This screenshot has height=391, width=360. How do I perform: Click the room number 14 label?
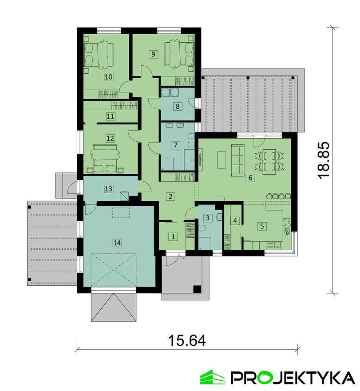(117, 243)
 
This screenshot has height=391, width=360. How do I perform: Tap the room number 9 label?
(153, 54)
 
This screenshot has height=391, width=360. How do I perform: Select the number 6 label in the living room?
(250, 178)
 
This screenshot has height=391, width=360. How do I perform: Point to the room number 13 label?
(108, 189)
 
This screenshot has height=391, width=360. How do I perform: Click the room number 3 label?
(208, 218)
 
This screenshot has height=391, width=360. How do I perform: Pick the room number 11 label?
(111, 116)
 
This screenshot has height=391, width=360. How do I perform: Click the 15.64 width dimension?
(187, 340)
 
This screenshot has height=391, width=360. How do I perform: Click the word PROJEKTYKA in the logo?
(293, 378)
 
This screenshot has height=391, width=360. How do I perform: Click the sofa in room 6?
(237, 160)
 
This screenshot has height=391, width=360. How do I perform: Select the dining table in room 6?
(269, 161)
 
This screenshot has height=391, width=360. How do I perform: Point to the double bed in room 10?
(99, 55)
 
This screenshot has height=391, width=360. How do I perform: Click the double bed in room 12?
(105, 159)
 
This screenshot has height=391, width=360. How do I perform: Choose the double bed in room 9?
(179, 54)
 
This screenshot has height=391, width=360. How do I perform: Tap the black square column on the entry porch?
(197, 288)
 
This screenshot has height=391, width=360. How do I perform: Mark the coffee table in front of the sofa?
(222, 160)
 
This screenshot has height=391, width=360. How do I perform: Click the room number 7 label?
(176, 145)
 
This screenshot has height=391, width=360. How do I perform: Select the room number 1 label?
(173, 236)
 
